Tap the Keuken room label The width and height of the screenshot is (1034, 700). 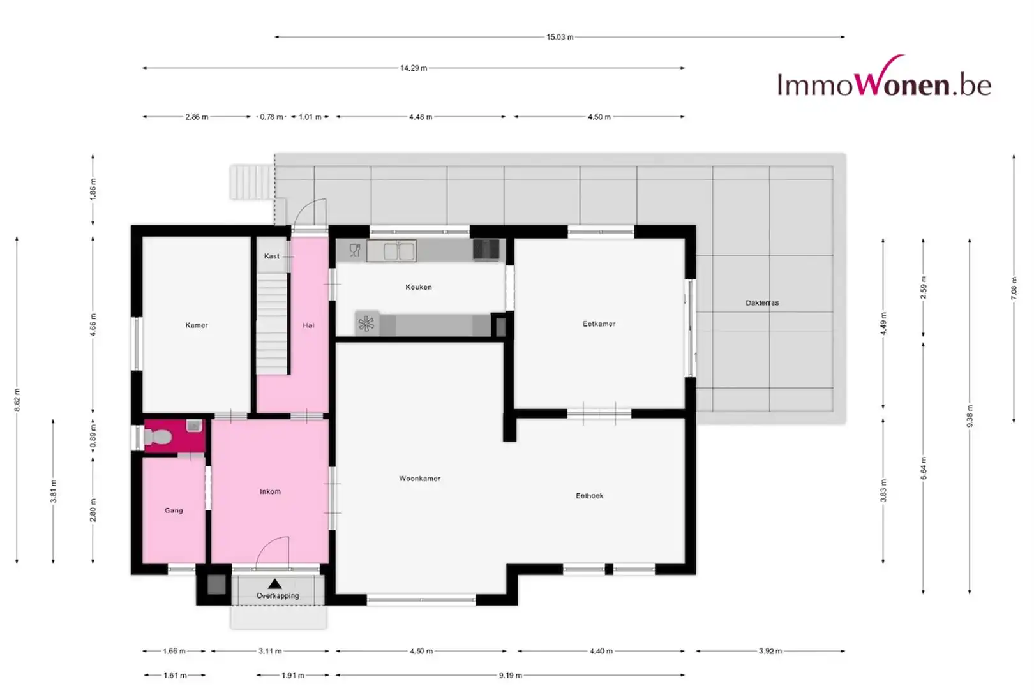tap(419, 287)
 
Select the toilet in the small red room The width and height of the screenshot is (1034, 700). tap(158, 437)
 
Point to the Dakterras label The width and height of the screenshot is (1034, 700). tap(762, 303)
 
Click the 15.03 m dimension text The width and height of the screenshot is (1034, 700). tap(560, 37)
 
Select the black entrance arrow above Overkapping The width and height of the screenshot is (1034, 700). tap(274, 584)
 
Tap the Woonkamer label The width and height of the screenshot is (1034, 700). tap(419, 479)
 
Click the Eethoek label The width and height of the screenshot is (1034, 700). tap(589, 496)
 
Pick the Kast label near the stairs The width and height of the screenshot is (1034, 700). tap(272, 257)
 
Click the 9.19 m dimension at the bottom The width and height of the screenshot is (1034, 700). tap(511, 675)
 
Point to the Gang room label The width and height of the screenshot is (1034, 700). tap(174, 510)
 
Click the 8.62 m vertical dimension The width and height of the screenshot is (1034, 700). tap(17, 399)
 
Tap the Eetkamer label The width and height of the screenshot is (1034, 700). tap(599, 324)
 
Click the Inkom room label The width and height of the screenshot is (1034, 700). tap(270, 492)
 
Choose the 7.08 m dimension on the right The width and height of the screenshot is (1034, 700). tap(1014, 288)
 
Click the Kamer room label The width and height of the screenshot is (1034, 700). tap(197, 325)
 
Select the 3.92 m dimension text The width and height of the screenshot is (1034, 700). tap(770, 651)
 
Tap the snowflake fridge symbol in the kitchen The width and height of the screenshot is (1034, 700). tap(366, 324)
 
